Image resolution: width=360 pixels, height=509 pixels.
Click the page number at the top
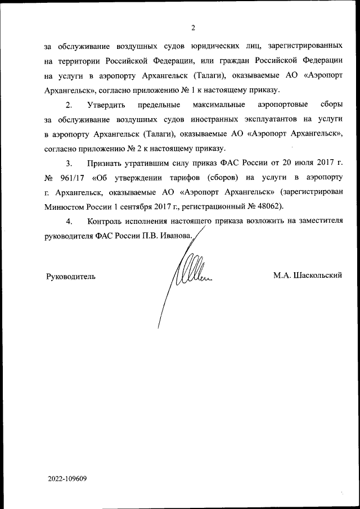click(x=192, y=28)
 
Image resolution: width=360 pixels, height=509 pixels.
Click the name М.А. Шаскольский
click(x=308, y=276)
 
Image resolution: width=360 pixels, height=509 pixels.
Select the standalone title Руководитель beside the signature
click(x=70, y=276)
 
